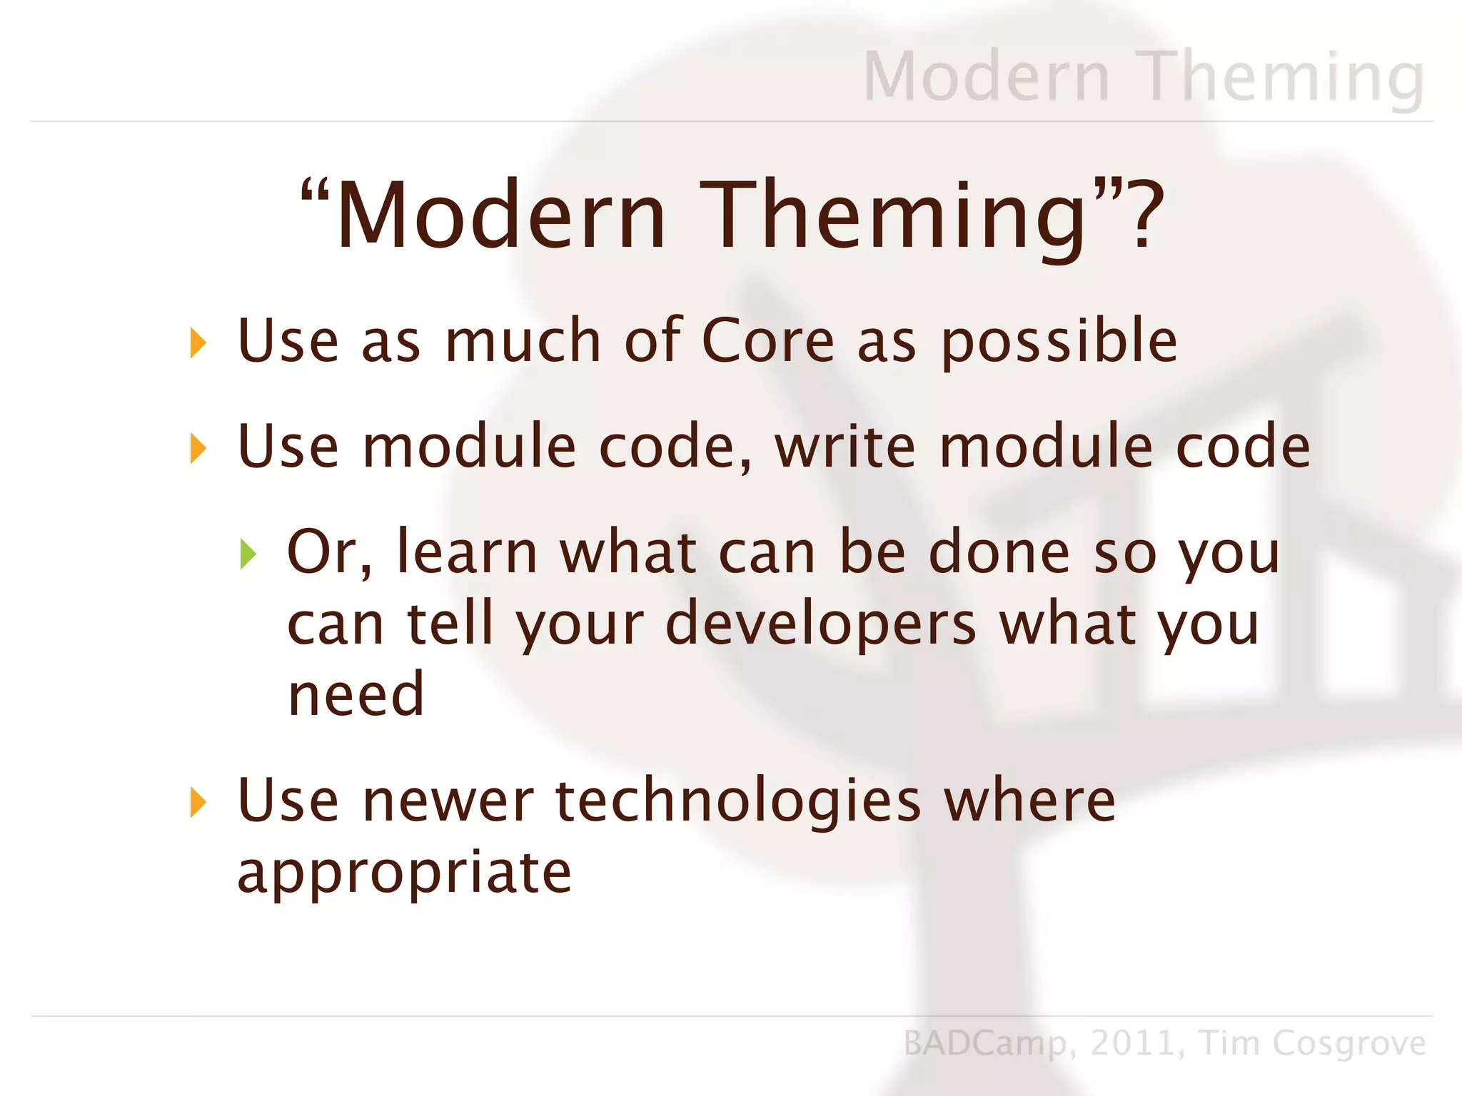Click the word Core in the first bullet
767,340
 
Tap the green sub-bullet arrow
248,554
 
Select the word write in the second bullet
845,447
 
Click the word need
356,695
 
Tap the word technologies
738,801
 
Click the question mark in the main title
1144,214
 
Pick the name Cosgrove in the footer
1348,1043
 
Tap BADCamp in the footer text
984,1044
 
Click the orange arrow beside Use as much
198,343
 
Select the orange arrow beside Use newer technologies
198,803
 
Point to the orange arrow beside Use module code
198,449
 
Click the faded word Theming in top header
1283,77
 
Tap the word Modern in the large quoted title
500,215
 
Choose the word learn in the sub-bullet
467,552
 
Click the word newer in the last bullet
448,801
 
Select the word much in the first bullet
523,340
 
